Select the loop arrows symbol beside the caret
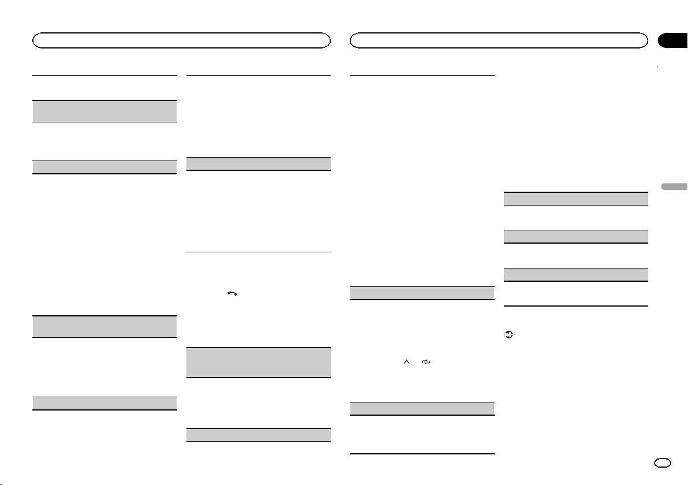tap(427, 362)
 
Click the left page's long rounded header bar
tap(181, 40)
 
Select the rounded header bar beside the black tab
tap(500, 40)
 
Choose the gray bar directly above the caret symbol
tap(422, 293)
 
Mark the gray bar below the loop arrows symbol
tap(422, 408)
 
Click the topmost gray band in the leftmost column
tap(104, 111)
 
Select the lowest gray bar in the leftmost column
tap(104, 404)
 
